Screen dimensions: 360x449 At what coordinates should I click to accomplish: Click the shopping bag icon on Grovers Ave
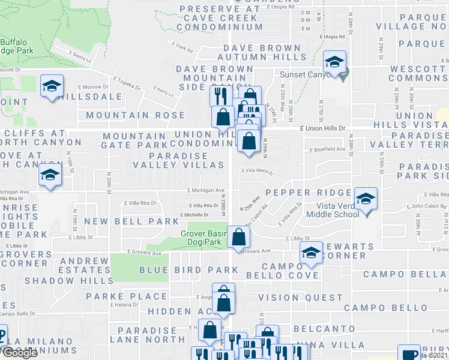239,237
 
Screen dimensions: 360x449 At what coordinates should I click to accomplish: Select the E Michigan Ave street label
205,190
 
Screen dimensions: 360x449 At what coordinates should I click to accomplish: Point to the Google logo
20,353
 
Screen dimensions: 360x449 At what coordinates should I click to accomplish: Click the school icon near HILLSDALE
52,86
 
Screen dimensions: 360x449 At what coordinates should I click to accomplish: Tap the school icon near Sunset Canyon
334,61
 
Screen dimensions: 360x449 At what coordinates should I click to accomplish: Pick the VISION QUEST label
300,298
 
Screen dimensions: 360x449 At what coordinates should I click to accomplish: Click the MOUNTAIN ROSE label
136,115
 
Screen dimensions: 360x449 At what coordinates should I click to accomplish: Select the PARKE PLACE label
126,296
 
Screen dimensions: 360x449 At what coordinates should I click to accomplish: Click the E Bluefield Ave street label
328,149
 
